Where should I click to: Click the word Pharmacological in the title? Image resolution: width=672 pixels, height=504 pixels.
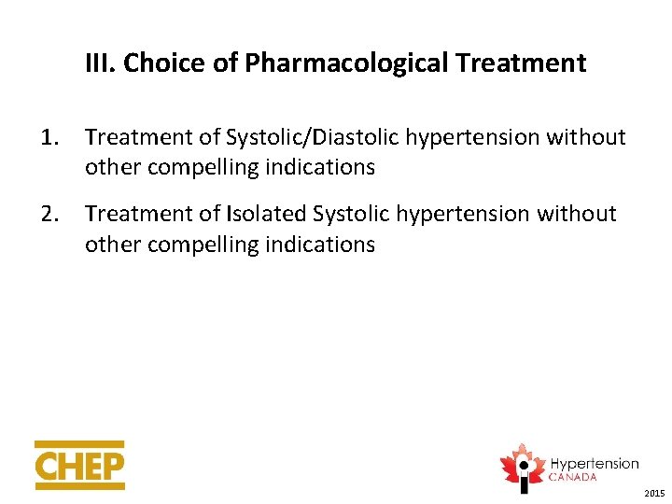point(313,63)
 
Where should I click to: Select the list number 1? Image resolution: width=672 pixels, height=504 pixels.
point(49,137)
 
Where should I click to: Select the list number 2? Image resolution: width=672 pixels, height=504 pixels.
point(49,214)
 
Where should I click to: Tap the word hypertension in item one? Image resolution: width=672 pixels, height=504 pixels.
point(466,137)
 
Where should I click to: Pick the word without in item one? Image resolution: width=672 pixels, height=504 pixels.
point(585,137)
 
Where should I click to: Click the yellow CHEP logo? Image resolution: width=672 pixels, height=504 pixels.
point(79,465)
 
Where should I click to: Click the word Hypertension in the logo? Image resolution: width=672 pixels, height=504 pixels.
point(594,464)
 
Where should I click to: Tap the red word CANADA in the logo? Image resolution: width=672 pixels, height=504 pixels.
point(572,477)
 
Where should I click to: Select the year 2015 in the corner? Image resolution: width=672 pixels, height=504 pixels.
point(654,493)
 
